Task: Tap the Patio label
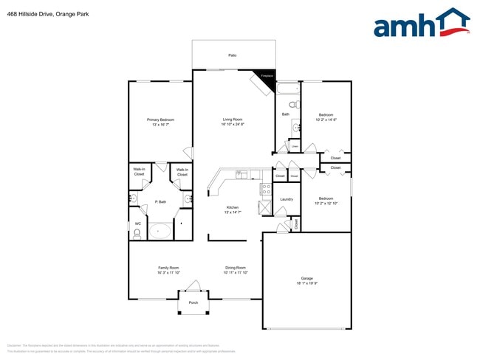pyautogui.click(x=232, y=55)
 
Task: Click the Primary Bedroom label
pyautogui.click(x=160, y=120)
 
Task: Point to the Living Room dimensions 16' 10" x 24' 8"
pyautogui.click(x=233, y=125)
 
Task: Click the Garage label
pyautogui.click(x=306, y=278)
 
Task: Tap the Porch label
pyautogui.click(x=193, y=302)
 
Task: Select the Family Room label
pyautogui.click(x=168, y=268)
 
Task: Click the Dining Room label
pyautogui.click(x=235, y=268)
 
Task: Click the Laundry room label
pyautogui.click(x=287, y=199)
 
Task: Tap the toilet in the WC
pyautogui.click(x=137, y=234)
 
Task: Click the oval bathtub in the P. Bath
pyautogui.click(x=160, y=231)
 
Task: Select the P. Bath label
pyautogui.click(x=160, y=201)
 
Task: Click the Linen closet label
pyautogui.click(x=294, y=147)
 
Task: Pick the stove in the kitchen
pyautogui.click(x=266, y=189)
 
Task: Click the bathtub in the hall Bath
pyautogui.click(x=287, y=89)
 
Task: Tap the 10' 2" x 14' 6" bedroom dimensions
pyautogui.click(x=326, y=120)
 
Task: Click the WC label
pyautogui.click(x=137, y=224)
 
